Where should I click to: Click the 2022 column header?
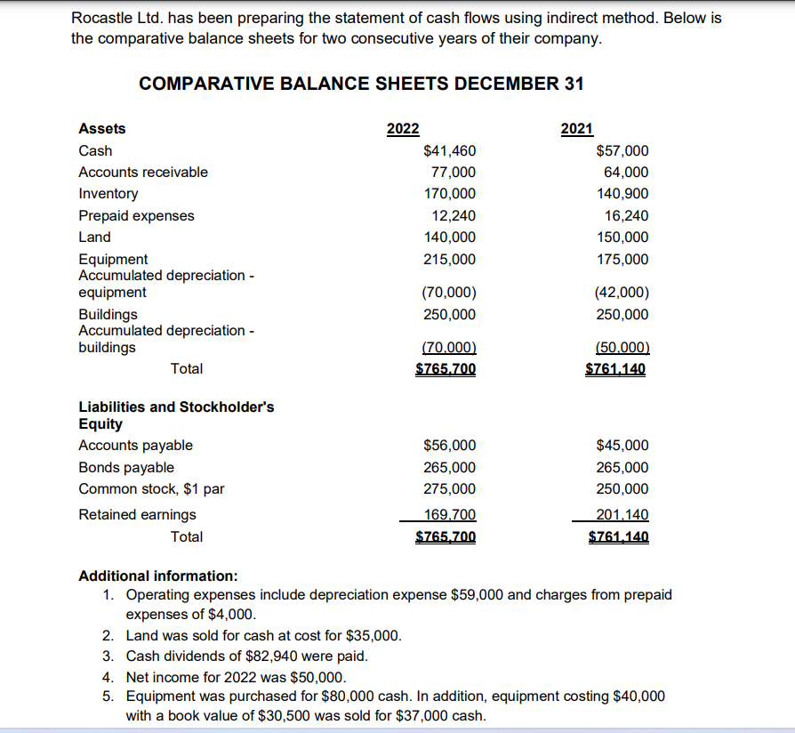[403, 129]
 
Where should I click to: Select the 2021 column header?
[577, 129]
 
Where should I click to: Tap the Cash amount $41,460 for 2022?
[450, 151]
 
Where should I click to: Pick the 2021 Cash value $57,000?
[623, 151]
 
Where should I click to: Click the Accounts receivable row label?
[143, 173]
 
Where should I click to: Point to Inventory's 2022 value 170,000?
[453, 194]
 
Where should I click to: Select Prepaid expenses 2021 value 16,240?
[627, 216]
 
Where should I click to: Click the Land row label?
[95, 238]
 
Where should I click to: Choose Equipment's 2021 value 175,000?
[622, 260]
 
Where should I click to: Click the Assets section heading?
[102, 129]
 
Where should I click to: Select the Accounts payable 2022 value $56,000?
[450, 446]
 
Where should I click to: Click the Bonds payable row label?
[126, 468]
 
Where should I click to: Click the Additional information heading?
[158, 576]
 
